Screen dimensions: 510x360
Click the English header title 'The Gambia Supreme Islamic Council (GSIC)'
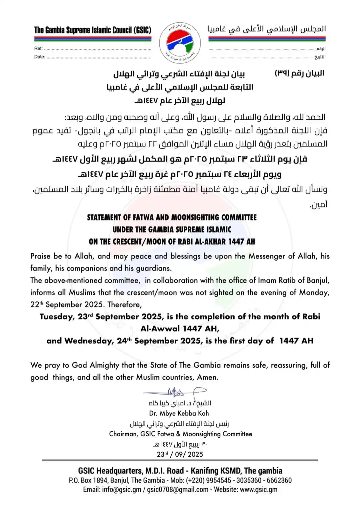pyautogui.click(x=93, y=30)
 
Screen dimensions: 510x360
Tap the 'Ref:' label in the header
pyautogui.click(x=38, y=48)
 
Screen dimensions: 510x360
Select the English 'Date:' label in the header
pyautogui.click(x=40, y=57)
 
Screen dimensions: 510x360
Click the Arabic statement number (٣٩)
pyautogui.click(x=282, y=73)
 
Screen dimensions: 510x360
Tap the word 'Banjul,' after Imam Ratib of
pyautogui.click(x=318, y=280)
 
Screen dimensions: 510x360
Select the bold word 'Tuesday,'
pyautogui.click(x=57, y=317)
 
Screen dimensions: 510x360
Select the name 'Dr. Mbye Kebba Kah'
pyautogui.click(x=179, y=413)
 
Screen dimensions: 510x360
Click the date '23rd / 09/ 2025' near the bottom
pyautogui.click(x=180, y=454)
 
